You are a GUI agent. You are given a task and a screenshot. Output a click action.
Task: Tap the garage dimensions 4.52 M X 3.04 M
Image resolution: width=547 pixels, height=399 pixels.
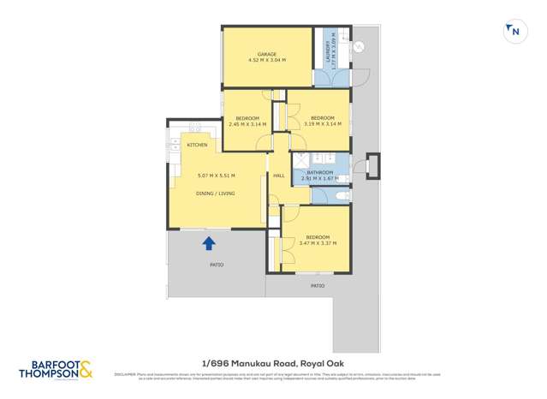pos(266,61)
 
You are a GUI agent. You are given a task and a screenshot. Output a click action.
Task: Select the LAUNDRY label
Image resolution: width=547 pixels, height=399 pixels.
pos(326,52)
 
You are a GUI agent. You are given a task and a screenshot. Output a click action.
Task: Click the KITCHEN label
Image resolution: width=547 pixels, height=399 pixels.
pos(197,145)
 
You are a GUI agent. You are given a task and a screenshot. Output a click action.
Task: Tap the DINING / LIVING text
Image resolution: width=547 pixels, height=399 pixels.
pos(216,194)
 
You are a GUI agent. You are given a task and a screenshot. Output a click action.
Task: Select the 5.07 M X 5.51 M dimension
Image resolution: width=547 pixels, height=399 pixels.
pos(216,176)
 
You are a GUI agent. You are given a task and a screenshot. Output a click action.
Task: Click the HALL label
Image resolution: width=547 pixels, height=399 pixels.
pos(278,176)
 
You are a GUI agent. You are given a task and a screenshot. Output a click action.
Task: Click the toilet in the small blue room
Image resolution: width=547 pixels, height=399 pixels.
pos(342,197)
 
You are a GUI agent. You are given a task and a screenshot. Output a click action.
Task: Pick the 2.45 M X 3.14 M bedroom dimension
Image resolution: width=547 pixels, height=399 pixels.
pos(247,124)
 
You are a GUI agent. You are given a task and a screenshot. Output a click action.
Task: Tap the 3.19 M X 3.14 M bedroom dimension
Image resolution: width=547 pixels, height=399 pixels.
pos(322,124)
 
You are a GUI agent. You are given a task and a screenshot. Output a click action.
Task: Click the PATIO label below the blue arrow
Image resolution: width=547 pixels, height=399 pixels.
pos(217,265)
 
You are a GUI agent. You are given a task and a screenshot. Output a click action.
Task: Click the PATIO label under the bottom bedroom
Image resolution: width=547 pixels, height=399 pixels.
pos(318,285)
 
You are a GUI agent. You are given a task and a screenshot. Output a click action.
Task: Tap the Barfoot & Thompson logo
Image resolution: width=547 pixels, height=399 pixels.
pos(56,371)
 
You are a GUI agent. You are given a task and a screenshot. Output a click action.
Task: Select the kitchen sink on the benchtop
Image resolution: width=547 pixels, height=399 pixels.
pos(194,128)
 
